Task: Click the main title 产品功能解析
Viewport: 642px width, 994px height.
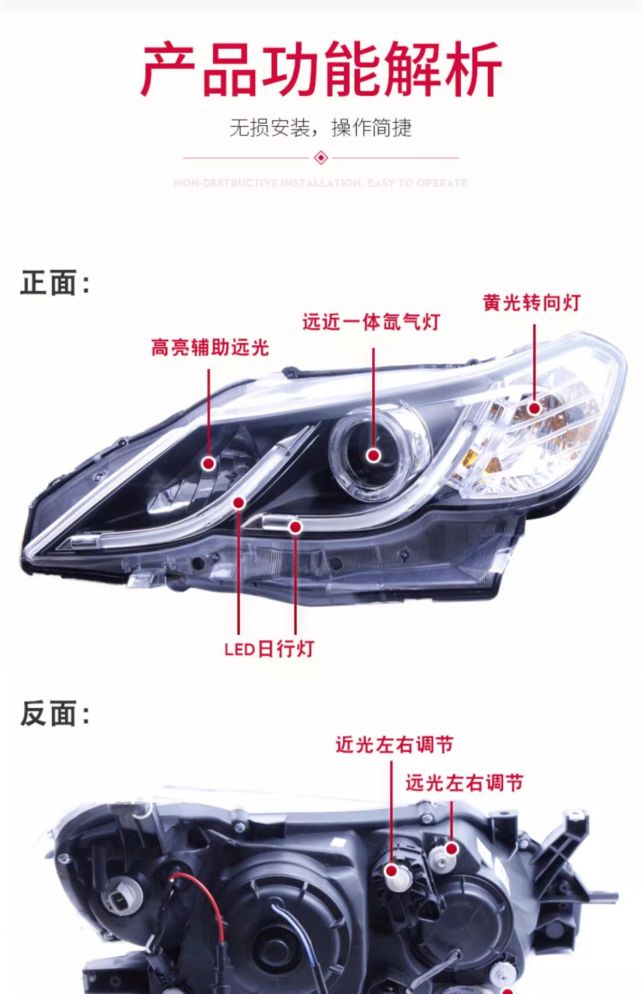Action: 321,70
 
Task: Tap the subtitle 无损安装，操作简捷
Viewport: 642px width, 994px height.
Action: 321,128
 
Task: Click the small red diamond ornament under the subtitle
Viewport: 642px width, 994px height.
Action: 321,157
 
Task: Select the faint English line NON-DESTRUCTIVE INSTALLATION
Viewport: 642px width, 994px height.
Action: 321,183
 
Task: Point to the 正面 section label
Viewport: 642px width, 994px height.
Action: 55,283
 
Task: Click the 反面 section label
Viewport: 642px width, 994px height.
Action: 55,713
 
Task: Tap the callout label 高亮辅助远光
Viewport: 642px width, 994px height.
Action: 210,347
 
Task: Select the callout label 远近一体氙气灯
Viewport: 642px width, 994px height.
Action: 371,322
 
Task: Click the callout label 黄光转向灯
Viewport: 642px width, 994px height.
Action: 532,303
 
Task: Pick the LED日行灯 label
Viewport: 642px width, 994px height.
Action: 269,649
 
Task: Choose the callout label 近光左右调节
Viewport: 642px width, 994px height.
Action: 395,745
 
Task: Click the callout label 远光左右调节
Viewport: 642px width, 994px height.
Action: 464,783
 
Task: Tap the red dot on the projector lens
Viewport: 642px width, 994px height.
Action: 373,455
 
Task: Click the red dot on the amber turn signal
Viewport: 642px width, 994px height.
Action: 534,408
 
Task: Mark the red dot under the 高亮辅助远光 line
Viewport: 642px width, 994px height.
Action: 209,463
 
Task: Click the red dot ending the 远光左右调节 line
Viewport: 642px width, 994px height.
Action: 451,849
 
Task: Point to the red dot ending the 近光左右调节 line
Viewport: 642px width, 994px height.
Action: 392,871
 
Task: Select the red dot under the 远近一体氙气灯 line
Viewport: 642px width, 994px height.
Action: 373,455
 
